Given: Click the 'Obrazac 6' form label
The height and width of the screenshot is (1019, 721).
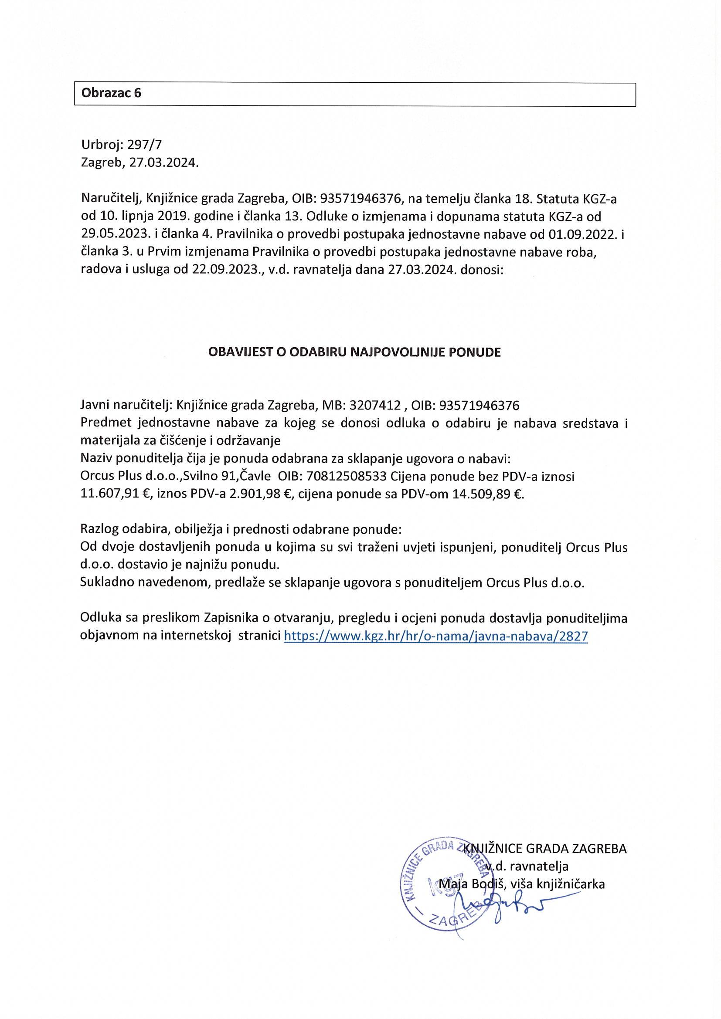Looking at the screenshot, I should (111, 93).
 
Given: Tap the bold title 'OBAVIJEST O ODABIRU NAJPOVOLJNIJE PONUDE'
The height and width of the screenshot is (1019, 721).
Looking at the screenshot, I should (354, 352).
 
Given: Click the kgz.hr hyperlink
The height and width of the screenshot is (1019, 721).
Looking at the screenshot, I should (435, 636).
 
